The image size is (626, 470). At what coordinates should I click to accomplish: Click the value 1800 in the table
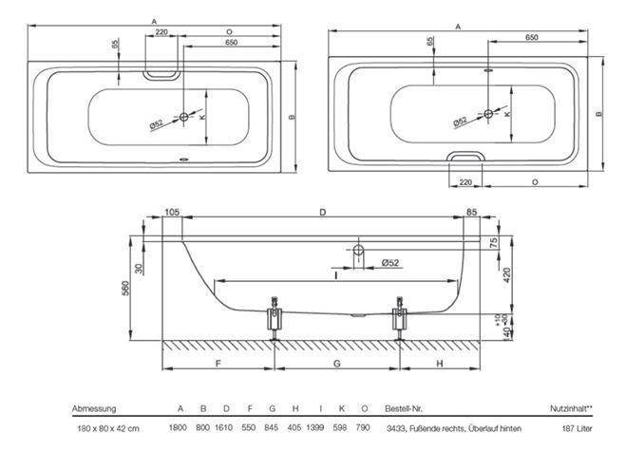point(178,427)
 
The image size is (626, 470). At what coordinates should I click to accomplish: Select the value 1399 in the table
point(315,427)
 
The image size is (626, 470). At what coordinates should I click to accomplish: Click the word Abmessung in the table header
point(94,408)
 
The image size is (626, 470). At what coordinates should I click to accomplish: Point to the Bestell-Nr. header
point(404,408)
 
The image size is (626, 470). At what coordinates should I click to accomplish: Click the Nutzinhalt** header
point(571,408)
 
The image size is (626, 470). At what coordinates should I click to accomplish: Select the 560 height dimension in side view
point(125,288)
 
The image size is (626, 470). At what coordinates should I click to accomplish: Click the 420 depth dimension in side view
point(506,275)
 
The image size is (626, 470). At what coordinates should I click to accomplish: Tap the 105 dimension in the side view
point(172,212)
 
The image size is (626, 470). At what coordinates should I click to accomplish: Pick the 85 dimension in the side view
point(471,212)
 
